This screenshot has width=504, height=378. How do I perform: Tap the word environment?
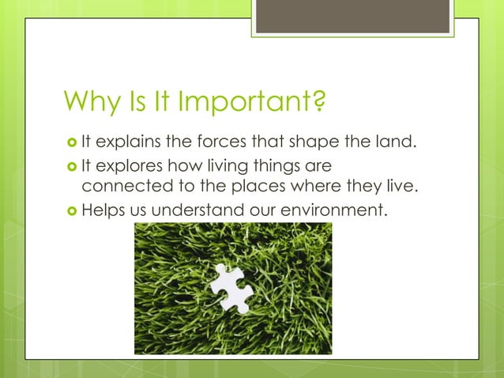(x=341, y=211)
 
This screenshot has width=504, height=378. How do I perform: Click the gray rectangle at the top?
(x=353, y=16)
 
